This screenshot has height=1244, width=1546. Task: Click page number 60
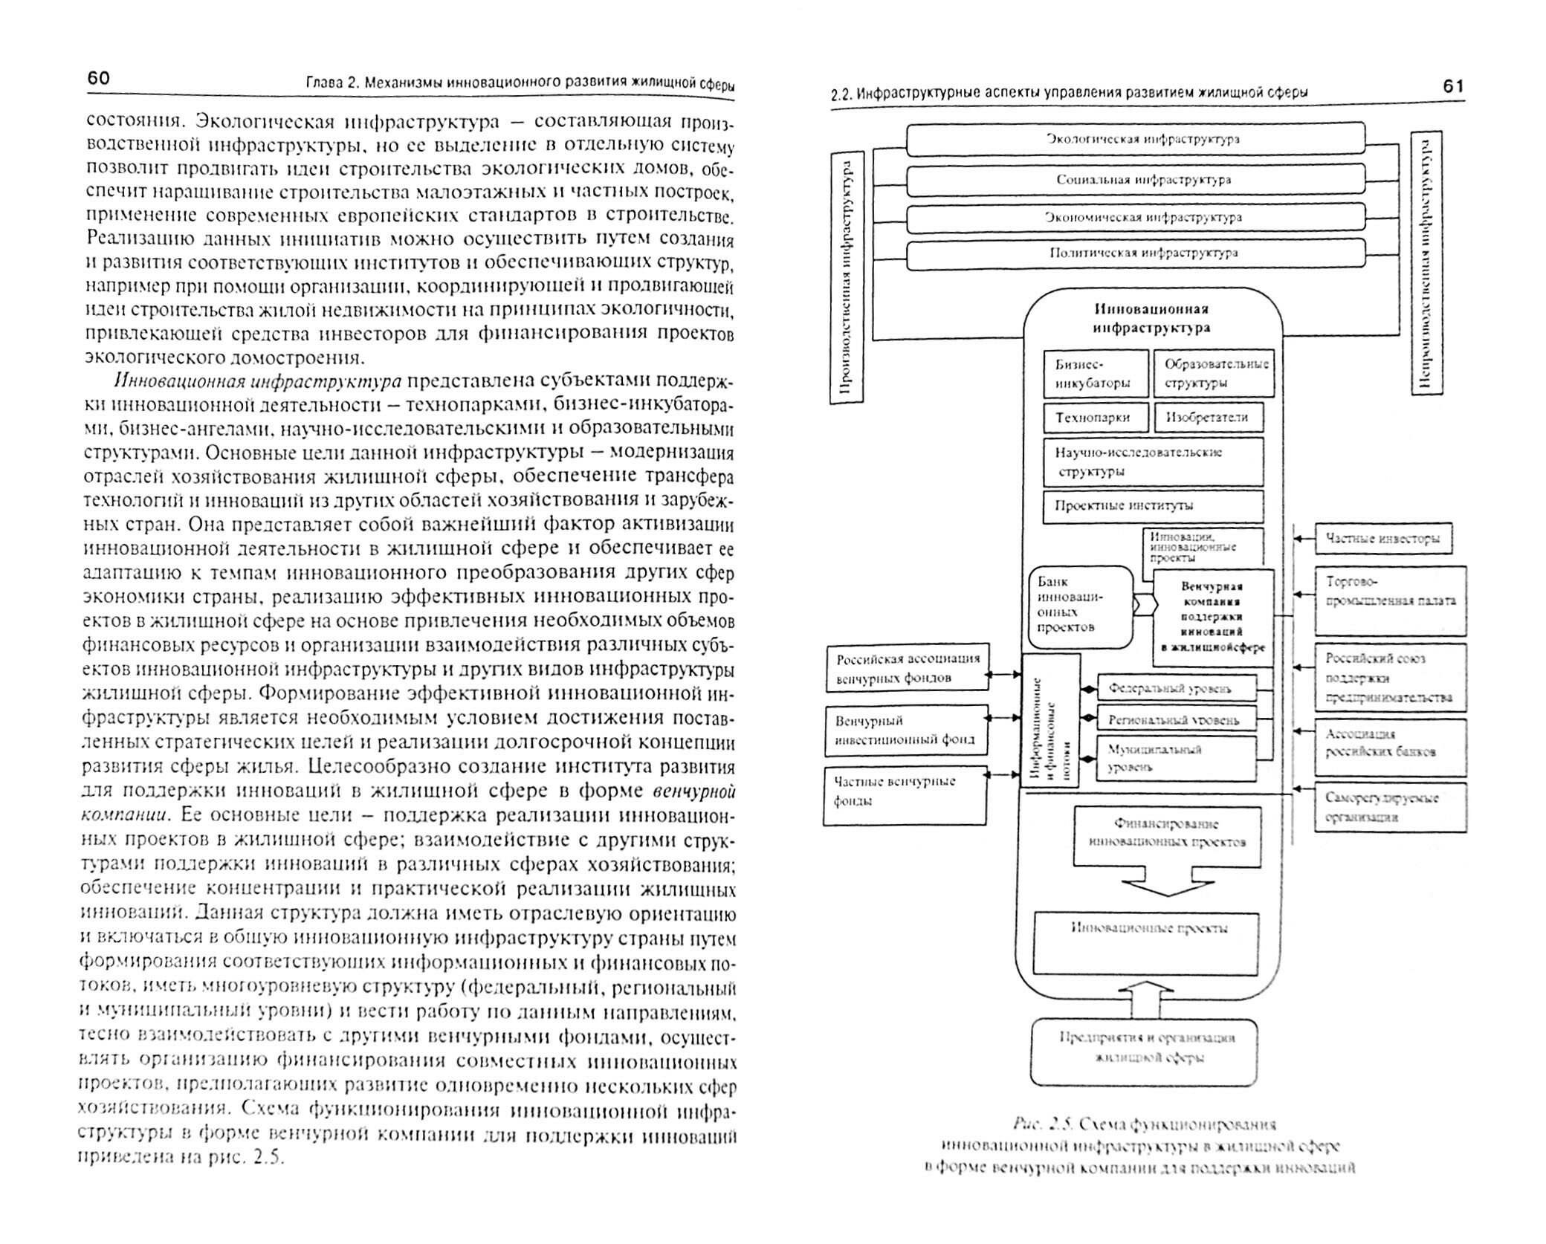click(x=99, y=79)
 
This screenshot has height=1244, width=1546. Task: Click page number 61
click(x=1452, y=86)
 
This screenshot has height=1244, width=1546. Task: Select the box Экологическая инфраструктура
click(x=1136, y=139)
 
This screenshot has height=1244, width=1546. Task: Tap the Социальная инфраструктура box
click(x=1136, y=179)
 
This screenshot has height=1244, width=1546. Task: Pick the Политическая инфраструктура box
click(x=1136, y=253)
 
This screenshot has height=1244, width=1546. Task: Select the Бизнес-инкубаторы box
click(x=1096, y=374)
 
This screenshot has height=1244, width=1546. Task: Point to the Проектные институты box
click(x=1153, y=505)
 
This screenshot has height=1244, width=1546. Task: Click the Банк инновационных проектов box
click(x=1081, y=606)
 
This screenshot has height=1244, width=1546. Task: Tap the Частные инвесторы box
click(x=1383, y=539)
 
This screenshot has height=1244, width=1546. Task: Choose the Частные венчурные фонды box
click(x=905, y=797)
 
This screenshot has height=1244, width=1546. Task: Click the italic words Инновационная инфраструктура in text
click(x=257, y=381)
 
